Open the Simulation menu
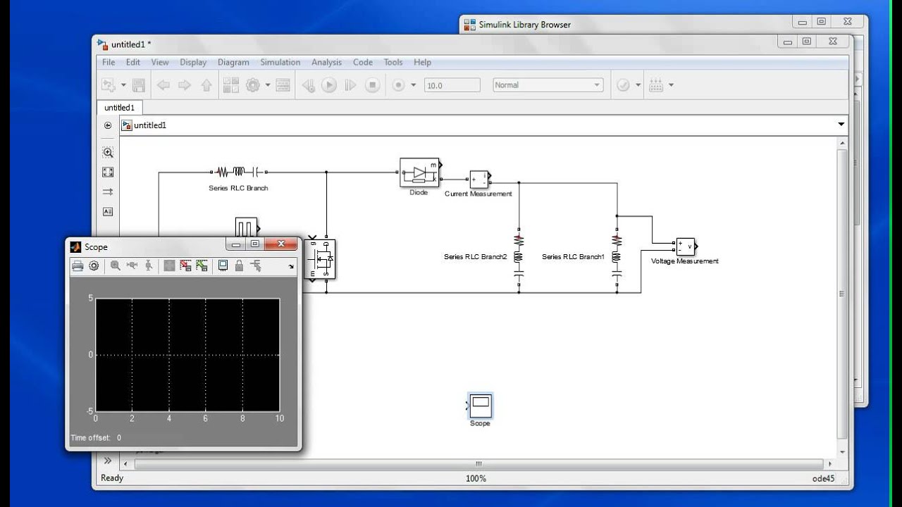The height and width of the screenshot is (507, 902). click(x=280, y=62)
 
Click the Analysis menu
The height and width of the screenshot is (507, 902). click(x=326, y=62)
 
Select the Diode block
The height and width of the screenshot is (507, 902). click(x=419, y=173)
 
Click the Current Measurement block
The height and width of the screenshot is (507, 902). click(x=479, y=180)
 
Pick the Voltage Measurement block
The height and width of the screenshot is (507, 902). click(x=685, y=246)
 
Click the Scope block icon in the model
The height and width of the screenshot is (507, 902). click(x=480, y=405)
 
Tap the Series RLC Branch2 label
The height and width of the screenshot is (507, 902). click(x=475, y=257)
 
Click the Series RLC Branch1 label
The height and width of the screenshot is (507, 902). click(x=573, y=257)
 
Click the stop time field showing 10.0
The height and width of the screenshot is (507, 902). click(x=452, y=85)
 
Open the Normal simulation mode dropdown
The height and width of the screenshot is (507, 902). click(x=548, y=85)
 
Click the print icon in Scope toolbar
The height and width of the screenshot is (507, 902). click(x=78, y=265)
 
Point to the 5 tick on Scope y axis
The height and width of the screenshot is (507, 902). click(x=91, y=299)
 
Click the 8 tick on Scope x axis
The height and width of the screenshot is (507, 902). click(x=242, y=418)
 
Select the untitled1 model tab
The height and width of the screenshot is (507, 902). click(x=119, y=108)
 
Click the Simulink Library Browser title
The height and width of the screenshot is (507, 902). click(x=524, y=25)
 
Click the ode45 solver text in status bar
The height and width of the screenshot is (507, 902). click(x=823, y=478)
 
